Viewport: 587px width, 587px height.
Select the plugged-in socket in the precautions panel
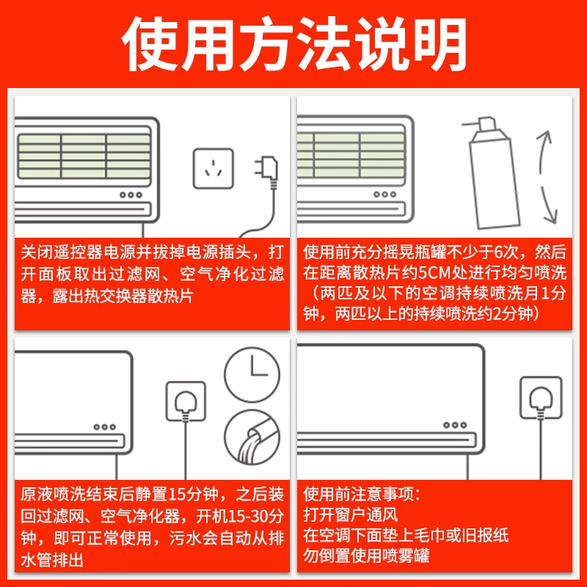(540, 397)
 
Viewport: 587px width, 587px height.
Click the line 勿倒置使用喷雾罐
(366, 555)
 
